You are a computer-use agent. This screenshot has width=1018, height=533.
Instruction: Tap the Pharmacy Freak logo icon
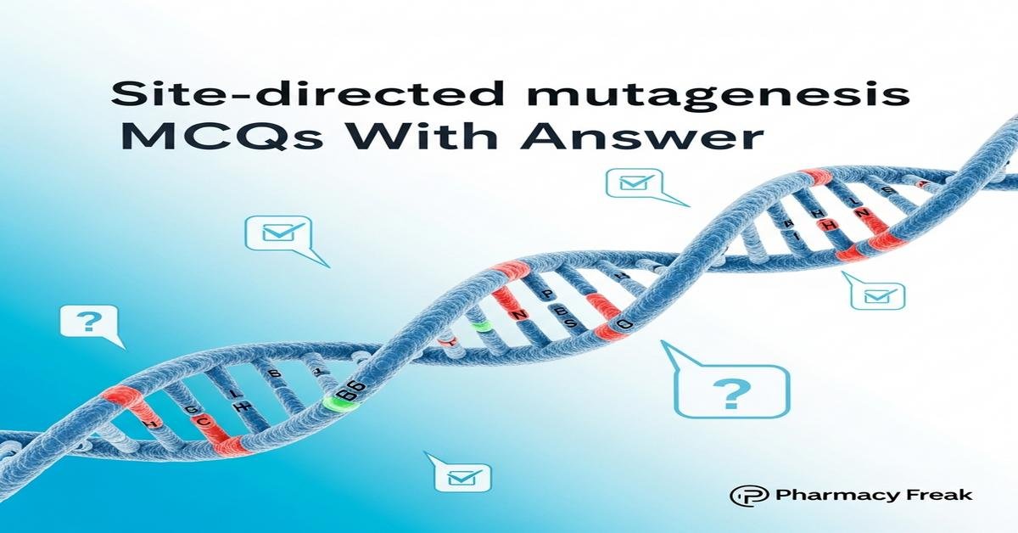pyautogui.click(x=743, y=496)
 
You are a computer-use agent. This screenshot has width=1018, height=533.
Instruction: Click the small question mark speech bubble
pyautogui.click(x=89, y=324)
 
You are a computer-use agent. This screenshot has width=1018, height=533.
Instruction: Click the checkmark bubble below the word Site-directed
pyautogui.click(x=277, y=233)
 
